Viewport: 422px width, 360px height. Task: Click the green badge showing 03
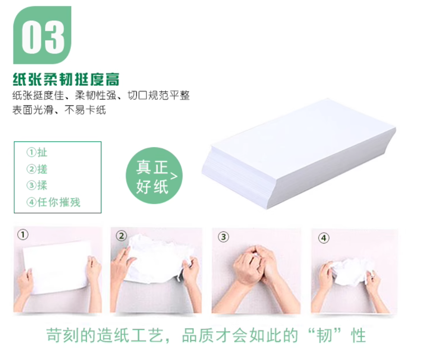pos(42,35)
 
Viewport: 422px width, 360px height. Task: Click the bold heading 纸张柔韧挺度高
pos(66,79)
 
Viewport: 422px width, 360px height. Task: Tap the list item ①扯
pos(37,152)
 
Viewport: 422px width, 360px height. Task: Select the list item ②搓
pos(37,169)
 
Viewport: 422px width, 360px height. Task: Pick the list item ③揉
pos(37,186)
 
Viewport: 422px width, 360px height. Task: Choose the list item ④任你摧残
pos(53,202)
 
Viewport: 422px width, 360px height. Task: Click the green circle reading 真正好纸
pos(154,176)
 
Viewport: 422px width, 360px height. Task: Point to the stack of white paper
pos(299,154)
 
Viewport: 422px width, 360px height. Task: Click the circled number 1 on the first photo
pos(22,234)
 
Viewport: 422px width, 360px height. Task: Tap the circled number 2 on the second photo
pos(121,236)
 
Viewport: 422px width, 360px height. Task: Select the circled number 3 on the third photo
pos(224,237)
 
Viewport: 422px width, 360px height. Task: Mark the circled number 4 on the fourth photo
pos(324,238)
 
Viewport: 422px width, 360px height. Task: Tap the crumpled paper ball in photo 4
pos(351,272)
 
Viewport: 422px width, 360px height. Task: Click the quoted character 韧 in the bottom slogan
pos(324,335)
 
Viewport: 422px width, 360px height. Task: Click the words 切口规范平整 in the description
pos(158,95)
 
